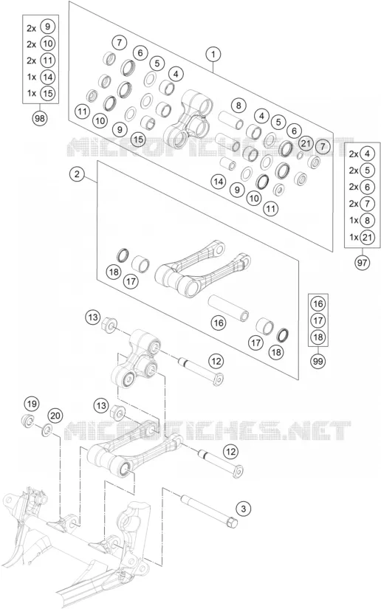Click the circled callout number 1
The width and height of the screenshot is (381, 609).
(213, 55)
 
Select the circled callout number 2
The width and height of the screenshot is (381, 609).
(78, 174)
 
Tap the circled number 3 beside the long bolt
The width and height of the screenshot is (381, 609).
(244, 509)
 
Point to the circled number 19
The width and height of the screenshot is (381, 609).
(32, 404)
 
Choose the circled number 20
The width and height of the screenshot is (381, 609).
(55, 416)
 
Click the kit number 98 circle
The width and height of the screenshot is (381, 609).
(40, 118)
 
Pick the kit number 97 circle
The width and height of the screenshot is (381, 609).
(362, 263)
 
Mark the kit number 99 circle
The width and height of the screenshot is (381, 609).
(318, 361)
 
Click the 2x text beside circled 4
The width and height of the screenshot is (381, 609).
(354, 154)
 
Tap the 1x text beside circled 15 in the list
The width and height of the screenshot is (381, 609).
(32, 93)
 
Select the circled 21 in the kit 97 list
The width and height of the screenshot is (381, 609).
(367, 237)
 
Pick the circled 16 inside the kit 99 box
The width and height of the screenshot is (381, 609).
(318, 303)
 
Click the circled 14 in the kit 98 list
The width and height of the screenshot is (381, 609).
(48, 77)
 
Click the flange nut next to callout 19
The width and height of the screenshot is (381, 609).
(27, 421)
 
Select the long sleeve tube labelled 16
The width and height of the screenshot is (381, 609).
(228, 309)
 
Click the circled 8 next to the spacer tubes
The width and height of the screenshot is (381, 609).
(238, 105)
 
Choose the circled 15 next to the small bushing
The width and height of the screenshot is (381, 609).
(138, 139)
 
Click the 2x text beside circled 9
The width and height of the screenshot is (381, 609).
(32, 27)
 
